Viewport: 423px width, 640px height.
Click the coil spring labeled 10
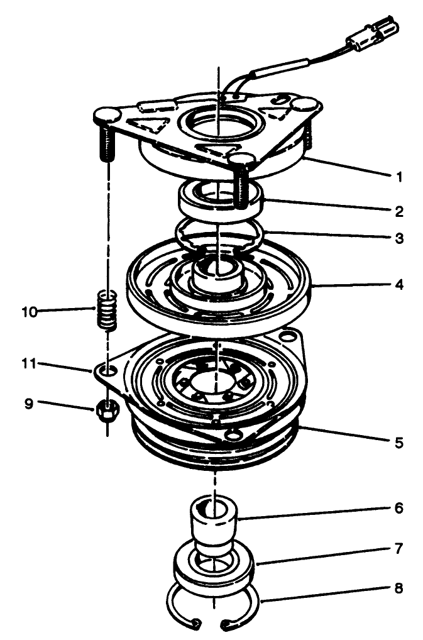[108, 309]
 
